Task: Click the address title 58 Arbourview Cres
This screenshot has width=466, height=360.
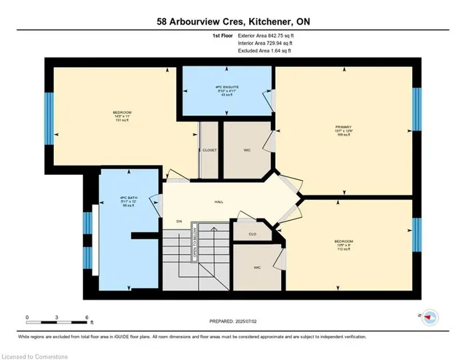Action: (x=233, y=22)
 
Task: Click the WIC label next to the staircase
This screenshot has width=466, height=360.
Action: (x=248, y=267)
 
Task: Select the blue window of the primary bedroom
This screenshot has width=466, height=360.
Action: (x=416, y=109)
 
